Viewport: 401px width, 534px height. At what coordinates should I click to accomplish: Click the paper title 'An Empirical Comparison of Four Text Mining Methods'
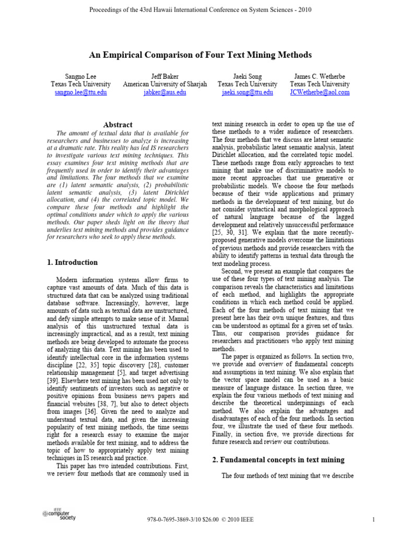pos(200,55)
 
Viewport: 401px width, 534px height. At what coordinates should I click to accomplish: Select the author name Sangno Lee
pos(80,76)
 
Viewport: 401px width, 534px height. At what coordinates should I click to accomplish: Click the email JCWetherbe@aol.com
pos(320,92)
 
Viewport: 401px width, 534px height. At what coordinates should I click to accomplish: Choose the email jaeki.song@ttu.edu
pos(247,92)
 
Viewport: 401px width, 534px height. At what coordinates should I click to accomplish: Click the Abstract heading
pos(117,125)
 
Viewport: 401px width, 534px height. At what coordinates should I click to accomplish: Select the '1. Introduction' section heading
pos(72,262)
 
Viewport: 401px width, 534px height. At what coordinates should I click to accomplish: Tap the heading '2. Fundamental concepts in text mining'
pos(278,459)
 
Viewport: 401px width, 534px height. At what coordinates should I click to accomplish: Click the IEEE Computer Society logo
pos(58,516)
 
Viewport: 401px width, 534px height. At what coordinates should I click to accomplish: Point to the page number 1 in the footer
pos(374,519)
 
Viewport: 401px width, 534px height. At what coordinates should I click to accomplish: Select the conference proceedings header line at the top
pos(200,10)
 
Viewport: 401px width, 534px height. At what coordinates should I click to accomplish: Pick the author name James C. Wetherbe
pos(320,76)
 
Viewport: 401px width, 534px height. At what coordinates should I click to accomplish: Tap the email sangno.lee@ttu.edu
pos(80,92)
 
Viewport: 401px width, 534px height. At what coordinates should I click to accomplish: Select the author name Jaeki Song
pos(247,76)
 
